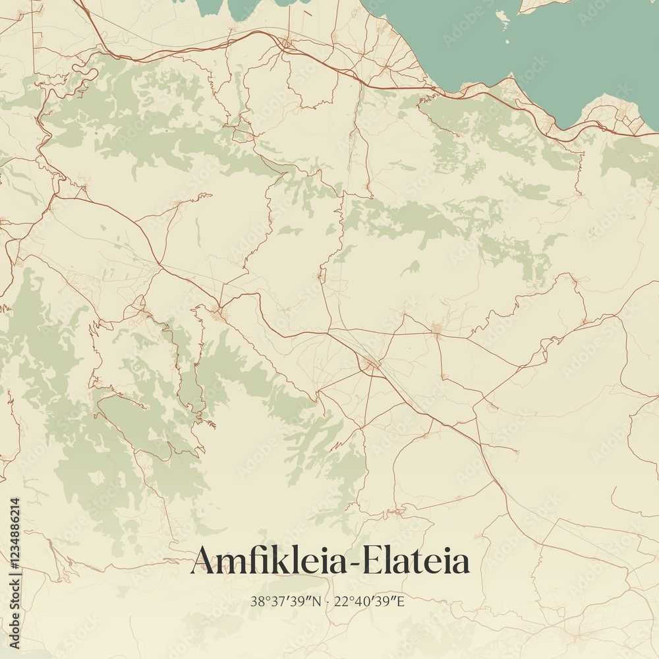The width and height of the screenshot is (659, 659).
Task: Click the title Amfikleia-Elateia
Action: coord(329,561)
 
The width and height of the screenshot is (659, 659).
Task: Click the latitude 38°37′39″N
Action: coord(286,601)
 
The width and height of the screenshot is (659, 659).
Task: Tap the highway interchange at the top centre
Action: coord(285,44)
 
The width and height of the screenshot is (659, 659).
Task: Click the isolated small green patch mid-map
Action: coord(412,267)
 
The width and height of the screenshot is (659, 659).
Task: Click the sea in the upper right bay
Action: coord(527,46)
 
